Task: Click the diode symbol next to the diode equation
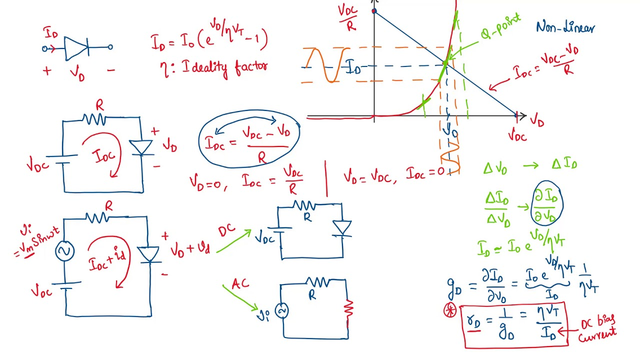(x=76, y=48)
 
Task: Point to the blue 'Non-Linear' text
(x=565, y=26)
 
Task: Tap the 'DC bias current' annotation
(x=598, y=328)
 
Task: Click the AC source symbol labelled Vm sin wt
(x=65, y=251)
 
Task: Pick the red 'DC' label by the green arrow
(x=227, y=231)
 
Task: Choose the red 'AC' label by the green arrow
(x=240, y=284)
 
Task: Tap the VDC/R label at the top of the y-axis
(x=347, y=17)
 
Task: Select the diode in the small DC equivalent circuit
(x=342, y=227)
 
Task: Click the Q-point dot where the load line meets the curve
(x=445, y=63)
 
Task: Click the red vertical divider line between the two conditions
(x=326, y=178)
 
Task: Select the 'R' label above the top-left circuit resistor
(x=100, y=105)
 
